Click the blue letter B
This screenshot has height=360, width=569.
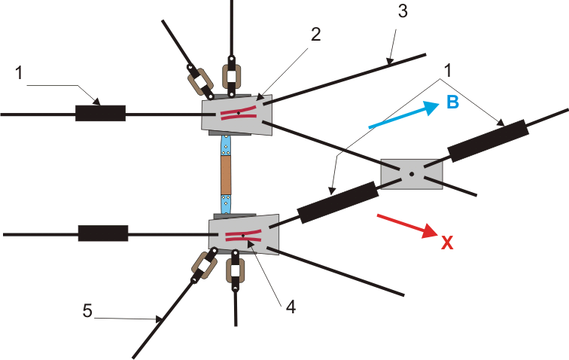point(453,103)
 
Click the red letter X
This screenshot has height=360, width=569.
point(446,243)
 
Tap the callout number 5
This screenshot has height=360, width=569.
point(88,310)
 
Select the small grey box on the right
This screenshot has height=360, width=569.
point(411,174)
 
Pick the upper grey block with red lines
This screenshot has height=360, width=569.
point(238,115)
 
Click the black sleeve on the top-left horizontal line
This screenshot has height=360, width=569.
point(100,114)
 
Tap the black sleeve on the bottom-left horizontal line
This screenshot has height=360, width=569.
point(103,233)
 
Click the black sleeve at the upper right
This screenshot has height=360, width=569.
point(489,140)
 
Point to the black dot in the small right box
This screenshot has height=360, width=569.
point(411,175)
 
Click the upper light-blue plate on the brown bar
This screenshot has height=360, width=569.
point(225,145)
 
